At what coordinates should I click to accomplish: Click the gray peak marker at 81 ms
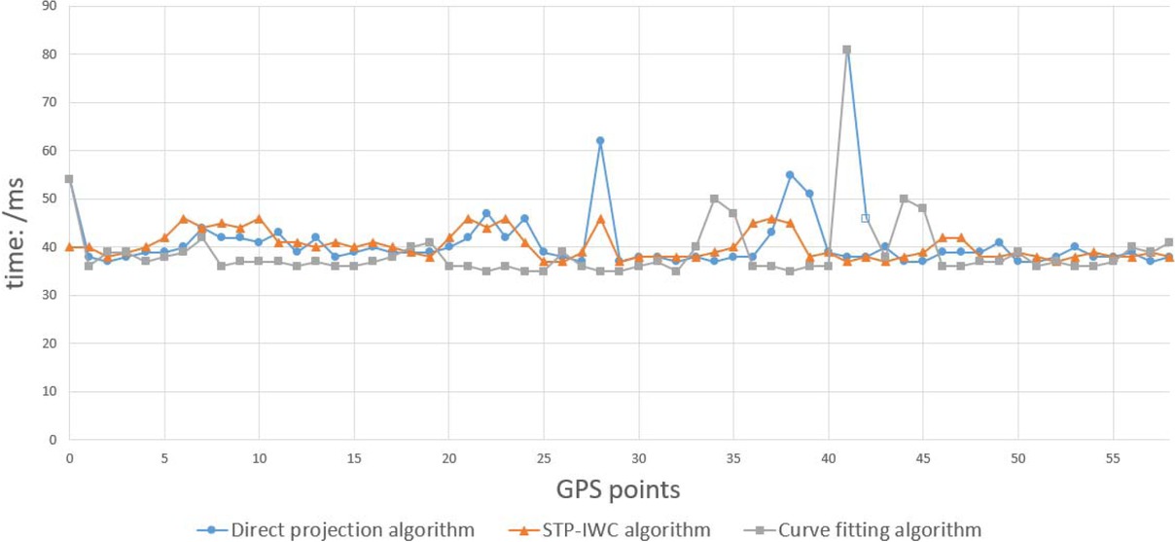847,50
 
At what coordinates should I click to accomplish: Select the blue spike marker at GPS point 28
600,141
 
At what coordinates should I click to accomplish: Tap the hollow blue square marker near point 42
866,218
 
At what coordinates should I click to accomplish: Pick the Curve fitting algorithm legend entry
868,530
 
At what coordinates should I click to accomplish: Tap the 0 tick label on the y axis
52,440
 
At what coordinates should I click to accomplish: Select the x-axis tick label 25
544,457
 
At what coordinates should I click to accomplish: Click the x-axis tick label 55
1113,457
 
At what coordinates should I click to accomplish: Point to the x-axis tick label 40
828,457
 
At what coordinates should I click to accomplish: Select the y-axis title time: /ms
18,222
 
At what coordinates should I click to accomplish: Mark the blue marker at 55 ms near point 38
790,175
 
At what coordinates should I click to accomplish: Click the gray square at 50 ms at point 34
714,199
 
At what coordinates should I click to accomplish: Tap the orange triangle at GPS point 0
69,247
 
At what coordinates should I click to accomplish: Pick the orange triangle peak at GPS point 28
600,219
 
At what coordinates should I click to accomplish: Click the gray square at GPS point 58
1169,242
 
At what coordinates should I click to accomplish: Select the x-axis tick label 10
259,457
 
